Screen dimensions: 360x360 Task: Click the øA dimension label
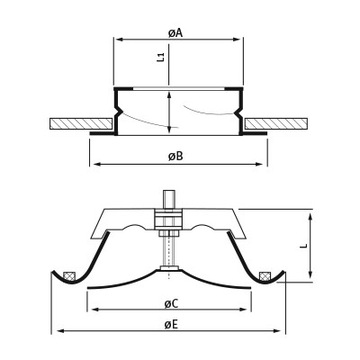coord(176,33)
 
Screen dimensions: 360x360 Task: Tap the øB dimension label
coord(176,156)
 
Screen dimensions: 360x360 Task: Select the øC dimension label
coord(171,303)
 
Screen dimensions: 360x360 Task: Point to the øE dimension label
coord(171,324)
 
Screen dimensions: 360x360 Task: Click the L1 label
coord(161,57)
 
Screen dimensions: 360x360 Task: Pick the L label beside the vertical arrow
coord(303,246)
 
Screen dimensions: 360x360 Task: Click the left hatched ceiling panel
coord(80,124)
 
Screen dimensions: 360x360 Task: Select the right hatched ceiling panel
coord(276,124)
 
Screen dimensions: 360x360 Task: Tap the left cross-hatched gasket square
coord(69,276)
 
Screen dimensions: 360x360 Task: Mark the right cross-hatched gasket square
coord(265,276)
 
